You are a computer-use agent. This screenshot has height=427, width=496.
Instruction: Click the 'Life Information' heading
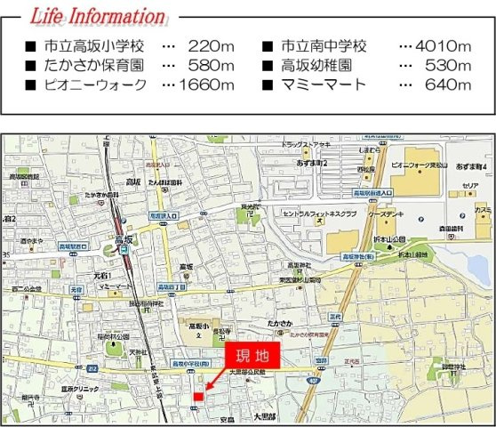[x=98, y=16]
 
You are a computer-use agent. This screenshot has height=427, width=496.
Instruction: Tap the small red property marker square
[x=197, y=396]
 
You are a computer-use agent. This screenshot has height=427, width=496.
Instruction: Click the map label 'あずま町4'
[x=471, y=166]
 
